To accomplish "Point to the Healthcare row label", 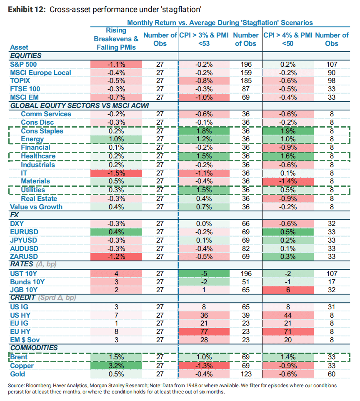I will pyautogui.click(x=38, y=156).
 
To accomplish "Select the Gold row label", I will pyautogui.click(x=17, y=373).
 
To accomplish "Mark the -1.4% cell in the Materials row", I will pyautogui.click(x=288, y=181).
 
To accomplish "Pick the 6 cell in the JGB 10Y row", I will pyautogui.click(x=288, y=290).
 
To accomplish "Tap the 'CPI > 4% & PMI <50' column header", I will pyautogui.click(x=288, y=39).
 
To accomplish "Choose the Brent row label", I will pyautogui.click(x=18, y=357).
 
